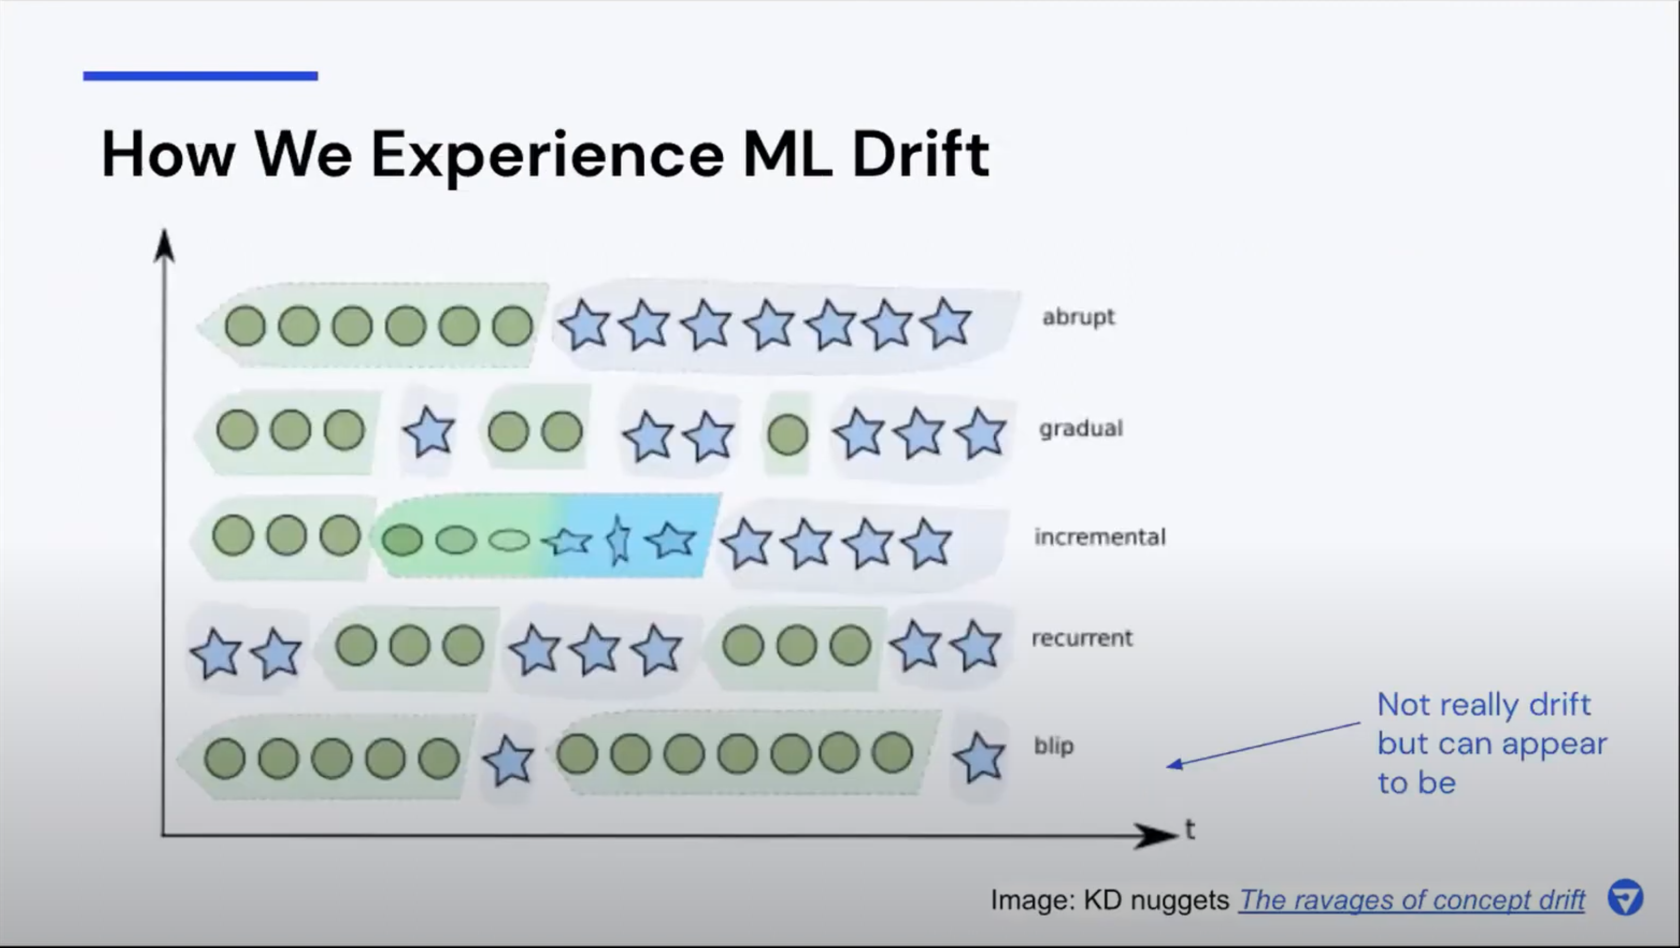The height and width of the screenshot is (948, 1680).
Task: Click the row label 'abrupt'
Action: point(1079,317)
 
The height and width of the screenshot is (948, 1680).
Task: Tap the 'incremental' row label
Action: point(1100,537)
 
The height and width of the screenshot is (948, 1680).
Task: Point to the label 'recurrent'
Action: point(1082,638)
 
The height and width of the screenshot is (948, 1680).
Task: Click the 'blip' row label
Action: point(1054,745)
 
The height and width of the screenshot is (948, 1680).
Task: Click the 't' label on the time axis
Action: point(1190,829)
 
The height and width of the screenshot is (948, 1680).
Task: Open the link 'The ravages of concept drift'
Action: point(1411,900)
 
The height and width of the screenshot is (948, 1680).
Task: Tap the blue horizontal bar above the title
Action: point(200,76)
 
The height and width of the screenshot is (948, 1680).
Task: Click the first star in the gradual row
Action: point(429,431)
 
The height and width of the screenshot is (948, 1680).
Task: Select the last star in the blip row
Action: point(979,757)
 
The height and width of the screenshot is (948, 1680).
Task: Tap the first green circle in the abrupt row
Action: point(245,326)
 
